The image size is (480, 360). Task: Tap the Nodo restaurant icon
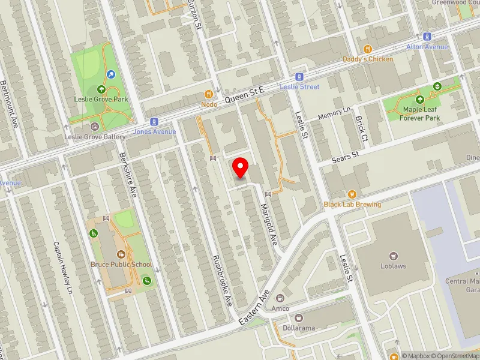point(209,94)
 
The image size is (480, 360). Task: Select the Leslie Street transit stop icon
point(299,77)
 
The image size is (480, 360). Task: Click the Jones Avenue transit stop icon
point(154,121)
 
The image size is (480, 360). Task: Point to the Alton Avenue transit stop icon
point(427,37)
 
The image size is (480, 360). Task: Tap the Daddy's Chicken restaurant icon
point(368,49)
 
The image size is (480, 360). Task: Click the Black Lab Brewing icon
point(352,194)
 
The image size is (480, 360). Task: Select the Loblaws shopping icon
point(394,256)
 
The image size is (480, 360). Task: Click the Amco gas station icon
point(280,298)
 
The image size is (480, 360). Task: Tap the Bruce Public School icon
point(121,254)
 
